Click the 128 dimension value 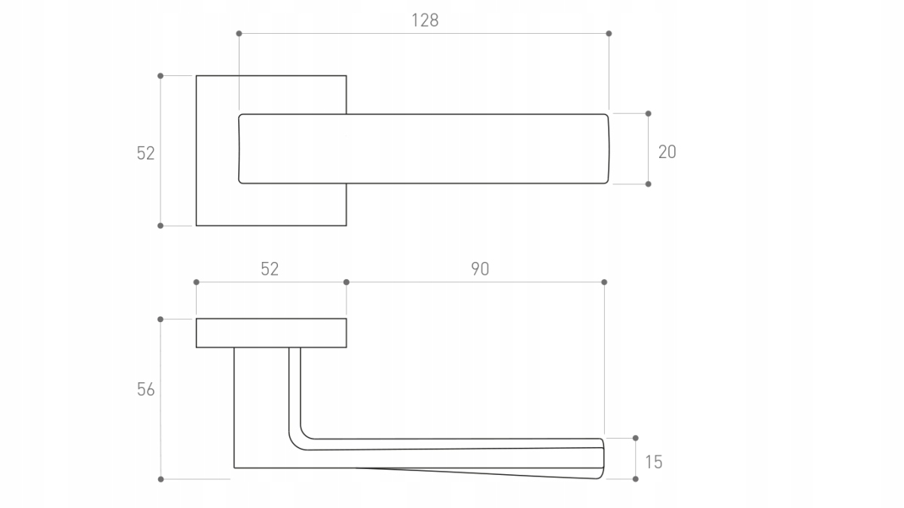point(425,20)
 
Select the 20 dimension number point(667,152)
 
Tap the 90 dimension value point(480,269)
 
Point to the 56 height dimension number point(145,390)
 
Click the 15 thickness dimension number point(654,462)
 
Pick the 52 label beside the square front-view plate point(145,154)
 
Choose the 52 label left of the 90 point(270,269)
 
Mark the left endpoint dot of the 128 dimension point(239,33)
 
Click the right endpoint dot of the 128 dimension point(609,33)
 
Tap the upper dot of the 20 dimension point(648,114)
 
